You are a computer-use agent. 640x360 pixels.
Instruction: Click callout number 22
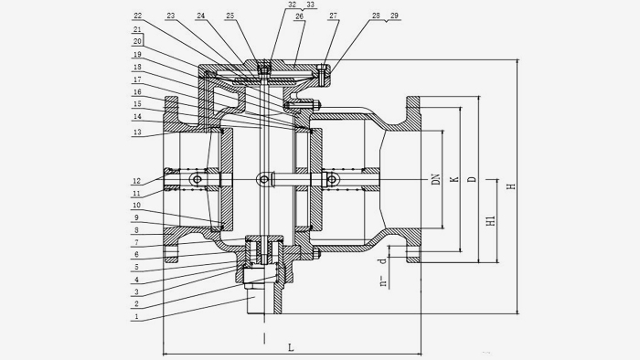(137, 16)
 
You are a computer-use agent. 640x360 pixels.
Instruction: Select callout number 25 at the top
(230, 16)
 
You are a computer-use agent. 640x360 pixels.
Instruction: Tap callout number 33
(311, 5)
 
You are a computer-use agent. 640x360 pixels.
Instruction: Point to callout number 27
(333, 16)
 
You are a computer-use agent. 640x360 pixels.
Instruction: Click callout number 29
(394, 16)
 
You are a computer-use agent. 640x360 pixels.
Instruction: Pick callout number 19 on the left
(137, 54)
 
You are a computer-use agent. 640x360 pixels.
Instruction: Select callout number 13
(137, 132)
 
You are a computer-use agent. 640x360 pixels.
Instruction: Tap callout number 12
(137, 181)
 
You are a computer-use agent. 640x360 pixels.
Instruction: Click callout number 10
(137, 206)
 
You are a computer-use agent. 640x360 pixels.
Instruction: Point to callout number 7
(137, 242)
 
